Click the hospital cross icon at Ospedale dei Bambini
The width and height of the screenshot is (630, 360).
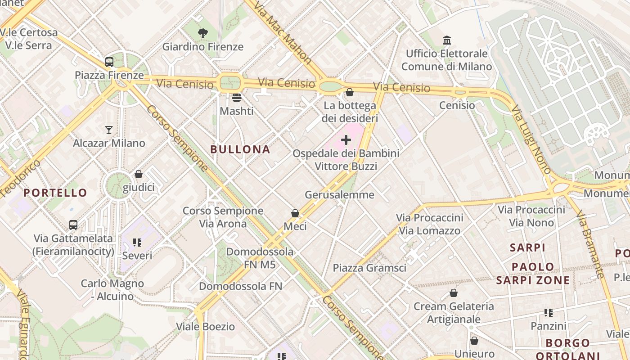pos(346,140)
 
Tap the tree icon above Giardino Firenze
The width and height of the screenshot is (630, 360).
pos(203,33)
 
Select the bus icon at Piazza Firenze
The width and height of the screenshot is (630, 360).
pos(109,62)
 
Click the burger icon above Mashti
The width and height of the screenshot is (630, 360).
pos(237,97)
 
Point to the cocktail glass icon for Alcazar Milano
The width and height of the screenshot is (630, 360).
pos(109,130)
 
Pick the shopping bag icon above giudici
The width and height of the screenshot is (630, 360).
pos(139,174)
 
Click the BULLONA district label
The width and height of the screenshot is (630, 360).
pos(240,149)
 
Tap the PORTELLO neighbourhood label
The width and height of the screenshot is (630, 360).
pos(55,193)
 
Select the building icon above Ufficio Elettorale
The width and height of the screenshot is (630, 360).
pos(447,40)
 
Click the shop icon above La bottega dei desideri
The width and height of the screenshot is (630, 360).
pos(350,92)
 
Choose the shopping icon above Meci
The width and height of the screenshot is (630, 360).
pos(295,213)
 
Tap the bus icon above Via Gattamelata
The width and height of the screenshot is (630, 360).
pos(73,225)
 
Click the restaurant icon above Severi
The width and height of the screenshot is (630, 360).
pos(138,243)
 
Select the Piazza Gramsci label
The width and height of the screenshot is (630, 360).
pos(369,268)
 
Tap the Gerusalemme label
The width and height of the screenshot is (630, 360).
pos(340,195)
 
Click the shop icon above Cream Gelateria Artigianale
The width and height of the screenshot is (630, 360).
pos(454,293)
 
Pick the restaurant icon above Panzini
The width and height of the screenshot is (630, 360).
pos(548,312)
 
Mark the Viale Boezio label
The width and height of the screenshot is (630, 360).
pos(205,326)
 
